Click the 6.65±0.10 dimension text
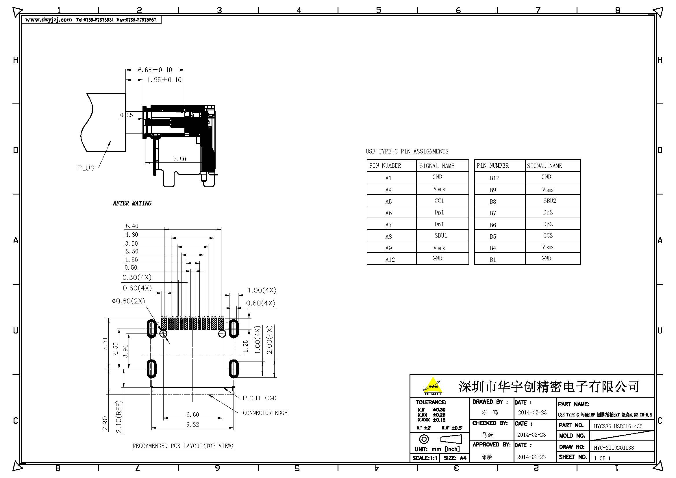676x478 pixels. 155,70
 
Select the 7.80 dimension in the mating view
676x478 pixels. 179,159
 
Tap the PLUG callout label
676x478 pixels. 86,168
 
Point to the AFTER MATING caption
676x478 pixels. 132,203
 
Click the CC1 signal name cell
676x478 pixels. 439,201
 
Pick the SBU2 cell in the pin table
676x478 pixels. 550,201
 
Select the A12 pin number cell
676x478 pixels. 390,260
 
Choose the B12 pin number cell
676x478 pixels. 494,178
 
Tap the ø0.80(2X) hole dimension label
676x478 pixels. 128,301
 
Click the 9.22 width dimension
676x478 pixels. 192,425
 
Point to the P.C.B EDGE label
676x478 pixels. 259,398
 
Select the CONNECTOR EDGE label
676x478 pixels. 265,413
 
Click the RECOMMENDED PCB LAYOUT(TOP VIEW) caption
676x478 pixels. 183,446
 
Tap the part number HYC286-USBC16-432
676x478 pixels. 618,426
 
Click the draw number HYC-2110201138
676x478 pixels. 614,448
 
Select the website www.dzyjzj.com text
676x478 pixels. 49,20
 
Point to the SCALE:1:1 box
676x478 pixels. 425,458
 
